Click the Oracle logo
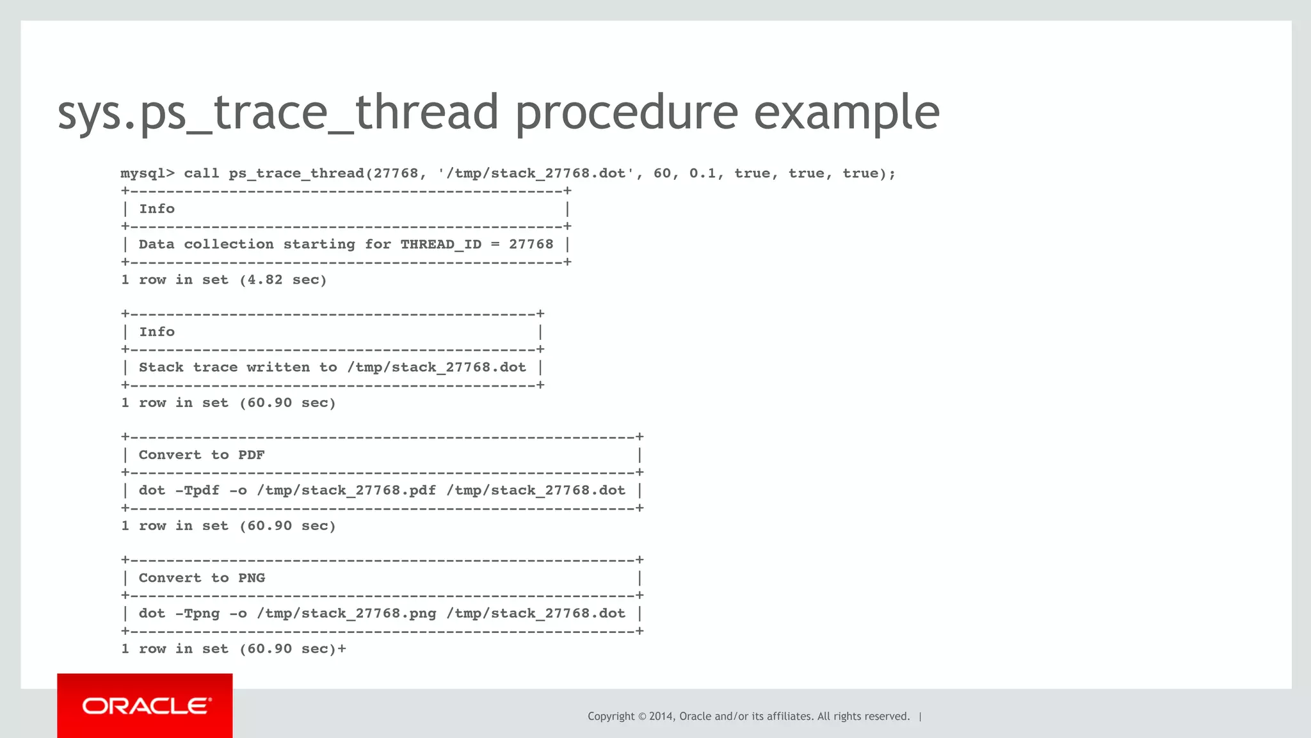145,706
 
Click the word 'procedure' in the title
626,113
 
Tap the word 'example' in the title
846,113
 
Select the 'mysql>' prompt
147,173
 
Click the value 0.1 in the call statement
702,173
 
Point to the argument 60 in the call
662,173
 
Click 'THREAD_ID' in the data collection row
440,245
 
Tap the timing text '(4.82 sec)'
283,280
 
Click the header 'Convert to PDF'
202,455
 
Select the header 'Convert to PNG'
202,578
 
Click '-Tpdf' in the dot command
197,490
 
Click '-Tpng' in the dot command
197,613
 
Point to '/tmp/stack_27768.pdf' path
346,490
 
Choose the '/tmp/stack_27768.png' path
346,613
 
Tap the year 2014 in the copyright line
662,716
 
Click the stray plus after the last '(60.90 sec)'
342,649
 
